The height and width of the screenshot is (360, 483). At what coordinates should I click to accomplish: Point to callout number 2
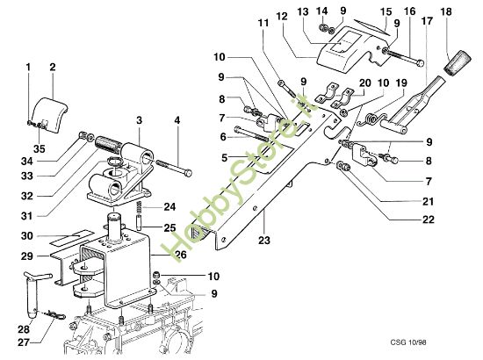point(52,67)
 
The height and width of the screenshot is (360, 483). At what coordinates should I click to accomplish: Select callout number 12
point(281,16)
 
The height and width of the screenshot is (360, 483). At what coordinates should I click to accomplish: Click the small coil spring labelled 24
point(143,208)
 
